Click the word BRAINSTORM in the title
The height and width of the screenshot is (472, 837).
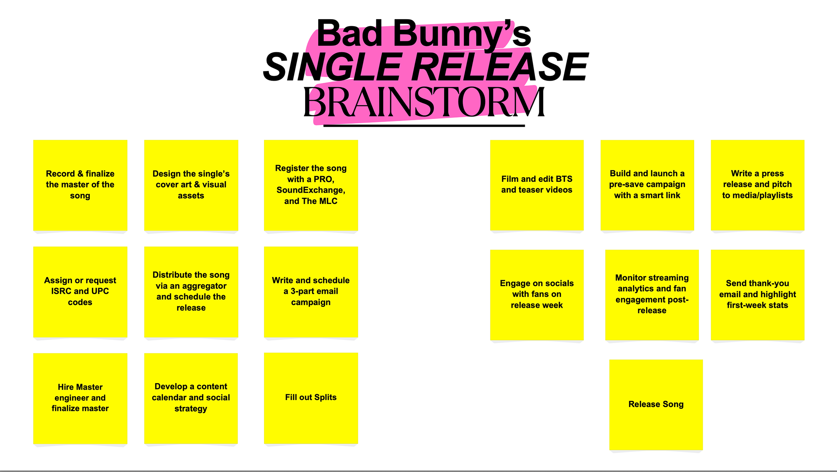coord(424,102)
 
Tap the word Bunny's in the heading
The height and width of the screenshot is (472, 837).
coord(462,34)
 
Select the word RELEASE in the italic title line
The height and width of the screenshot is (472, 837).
coord(500,67)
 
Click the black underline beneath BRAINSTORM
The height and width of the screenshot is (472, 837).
coord(424,126)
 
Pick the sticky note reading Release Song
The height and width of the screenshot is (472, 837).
coord(656,404)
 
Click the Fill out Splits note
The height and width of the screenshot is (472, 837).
coord(311,397)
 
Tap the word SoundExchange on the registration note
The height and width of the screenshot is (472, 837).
coord(310,190)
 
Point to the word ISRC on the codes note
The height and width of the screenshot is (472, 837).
coord(61,291)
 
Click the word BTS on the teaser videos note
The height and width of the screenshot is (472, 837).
coord(564,179)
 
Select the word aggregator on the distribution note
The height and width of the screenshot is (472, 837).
coord(204,286)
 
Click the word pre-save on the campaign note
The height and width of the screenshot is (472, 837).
coord(624,184)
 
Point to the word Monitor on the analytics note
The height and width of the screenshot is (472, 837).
coord(630,278)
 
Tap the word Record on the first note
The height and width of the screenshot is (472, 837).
coord(60,173)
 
